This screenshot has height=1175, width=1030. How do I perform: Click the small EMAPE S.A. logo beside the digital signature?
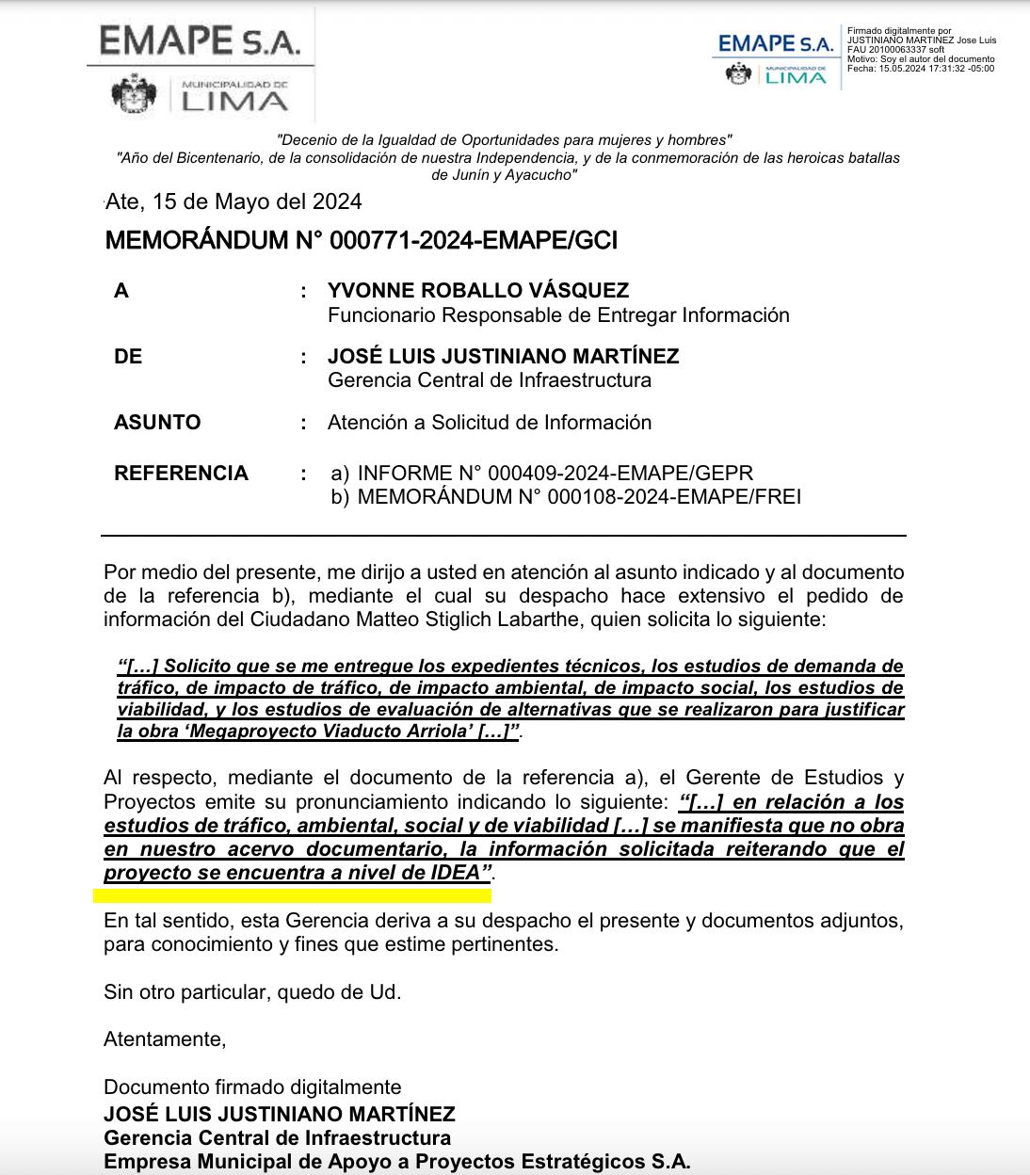point(775,43)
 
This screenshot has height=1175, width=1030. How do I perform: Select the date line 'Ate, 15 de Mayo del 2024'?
point(233,202)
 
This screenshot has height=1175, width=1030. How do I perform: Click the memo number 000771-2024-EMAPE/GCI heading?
point(362,241)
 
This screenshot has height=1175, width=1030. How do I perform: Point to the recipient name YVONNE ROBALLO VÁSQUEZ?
point(478,291)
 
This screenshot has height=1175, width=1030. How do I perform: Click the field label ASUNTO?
point(157,423)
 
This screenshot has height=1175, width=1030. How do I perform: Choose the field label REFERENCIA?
point(181,474)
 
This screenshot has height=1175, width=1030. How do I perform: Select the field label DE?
point(128,357)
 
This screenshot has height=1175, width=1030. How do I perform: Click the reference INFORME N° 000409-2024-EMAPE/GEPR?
point(555,474)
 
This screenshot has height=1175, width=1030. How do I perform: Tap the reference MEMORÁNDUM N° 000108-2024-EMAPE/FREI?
point(579,497)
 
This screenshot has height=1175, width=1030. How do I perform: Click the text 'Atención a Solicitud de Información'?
point(490,423)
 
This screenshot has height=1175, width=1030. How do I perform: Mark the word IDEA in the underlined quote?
point(456,873)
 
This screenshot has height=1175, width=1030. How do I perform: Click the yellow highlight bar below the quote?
point(293,895)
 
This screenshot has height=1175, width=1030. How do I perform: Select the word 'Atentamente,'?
point(165,1039)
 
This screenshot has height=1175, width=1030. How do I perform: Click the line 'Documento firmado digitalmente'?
point(252,1087)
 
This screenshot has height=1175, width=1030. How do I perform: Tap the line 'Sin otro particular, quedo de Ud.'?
point(252,991)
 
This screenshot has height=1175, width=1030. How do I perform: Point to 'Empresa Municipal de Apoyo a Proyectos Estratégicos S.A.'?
point(396,1162)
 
